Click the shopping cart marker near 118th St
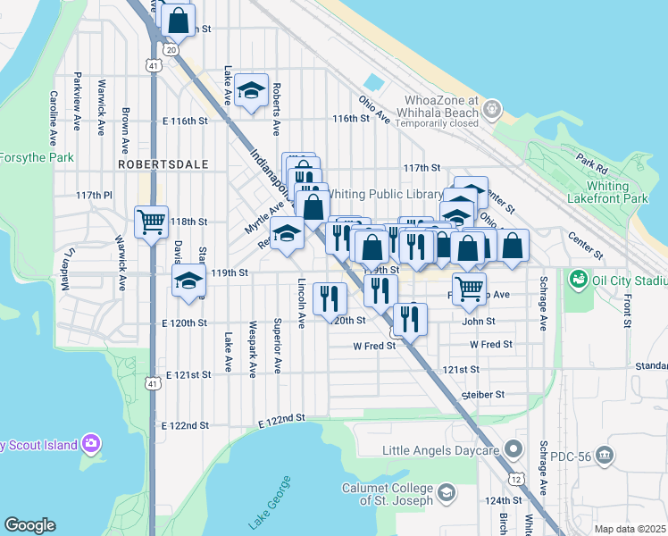151,221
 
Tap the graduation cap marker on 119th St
188,281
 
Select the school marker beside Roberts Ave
253,90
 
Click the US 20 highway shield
171,49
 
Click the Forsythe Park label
36,157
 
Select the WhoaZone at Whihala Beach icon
490,110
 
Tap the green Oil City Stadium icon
578,281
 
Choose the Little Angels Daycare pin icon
514,449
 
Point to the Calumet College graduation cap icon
445,493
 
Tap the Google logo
29,525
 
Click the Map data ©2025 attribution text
630,529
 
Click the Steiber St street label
483,394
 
